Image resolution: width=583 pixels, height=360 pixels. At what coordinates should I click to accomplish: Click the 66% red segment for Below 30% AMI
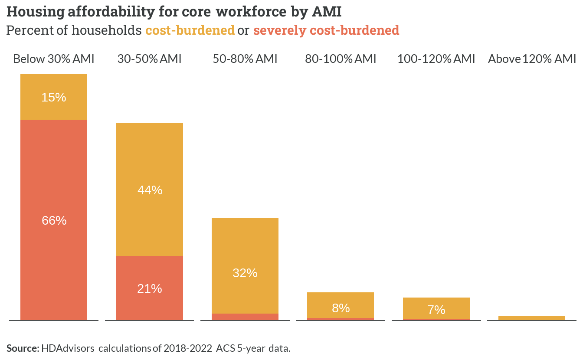pyautogui.click(x=54, y=220)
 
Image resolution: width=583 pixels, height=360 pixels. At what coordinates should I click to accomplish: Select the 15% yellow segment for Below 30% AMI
pyautogui.click(x=54, y=97)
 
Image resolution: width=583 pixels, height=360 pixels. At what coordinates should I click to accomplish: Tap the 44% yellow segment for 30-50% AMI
pyautogui.click(x=149, y=190)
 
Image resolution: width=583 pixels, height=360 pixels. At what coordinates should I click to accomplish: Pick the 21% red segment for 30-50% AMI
pyautogui.click(x=149, y=288)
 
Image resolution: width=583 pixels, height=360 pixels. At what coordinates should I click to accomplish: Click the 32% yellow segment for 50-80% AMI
pyautogui.click(x=245, y=266)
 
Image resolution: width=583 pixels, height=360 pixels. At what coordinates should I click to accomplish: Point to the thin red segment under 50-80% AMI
pyautogui.click(x=245, y=317)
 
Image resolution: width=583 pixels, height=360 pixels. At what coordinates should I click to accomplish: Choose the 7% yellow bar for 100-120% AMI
pyautogui.click(x=436, y=308)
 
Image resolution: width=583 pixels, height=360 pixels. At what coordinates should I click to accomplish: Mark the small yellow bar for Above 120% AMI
pyautogui.click(x=532, y=318)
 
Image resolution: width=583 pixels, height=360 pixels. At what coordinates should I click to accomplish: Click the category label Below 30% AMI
pyautogui.click(x=54, y=59)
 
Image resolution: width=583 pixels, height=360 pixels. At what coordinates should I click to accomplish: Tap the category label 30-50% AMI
pyautogui.click(x=149, y=59)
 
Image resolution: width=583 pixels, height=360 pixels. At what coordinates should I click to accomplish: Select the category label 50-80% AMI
pyautogui.click(x=245, y=59)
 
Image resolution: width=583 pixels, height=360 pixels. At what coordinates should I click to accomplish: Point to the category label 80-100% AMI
pyautogui.click(x=341, y=59)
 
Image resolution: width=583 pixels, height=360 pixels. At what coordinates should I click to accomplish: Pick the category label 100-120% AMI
pyautogui.click(x=436, y=59)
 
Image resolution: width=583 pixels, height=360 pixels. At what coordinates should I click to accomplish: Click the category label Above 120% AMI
pyautogui.click(x=532, y=59)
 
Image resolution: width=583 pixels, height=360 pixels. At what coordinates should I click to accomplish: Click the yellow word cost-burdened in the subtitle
pyautogui.click(x=190, y=30)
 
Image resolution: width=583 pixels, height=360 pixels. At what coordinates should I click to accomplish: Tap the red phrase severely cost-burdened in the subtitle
pyautogui.click(x=326, y=30)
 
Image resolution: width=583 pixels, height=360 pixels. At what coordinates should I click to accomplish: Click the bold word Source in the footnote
pyautogui.click(x=23, y=348)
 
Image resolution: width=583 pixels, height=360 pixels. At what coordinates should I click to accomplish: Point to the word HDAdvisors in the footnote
pyautogui.click(x=68, y=348)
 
